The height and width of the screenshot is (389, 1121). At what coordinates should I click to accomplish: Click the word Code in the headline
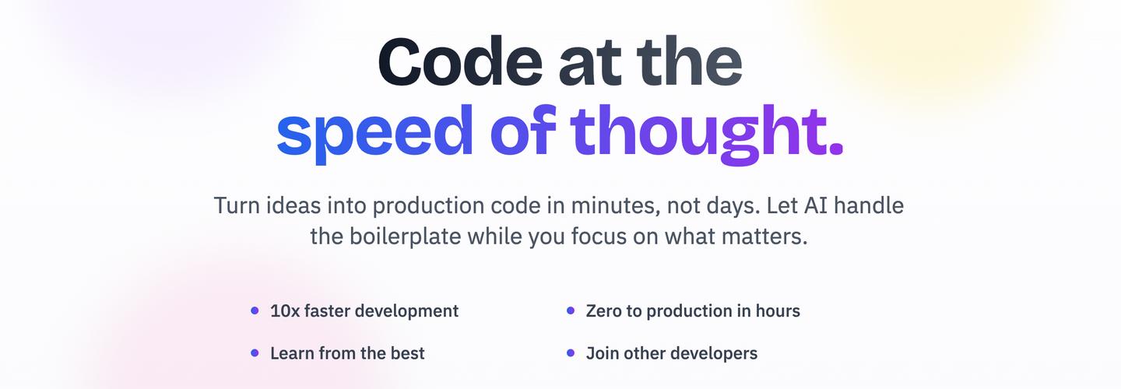point(460,61)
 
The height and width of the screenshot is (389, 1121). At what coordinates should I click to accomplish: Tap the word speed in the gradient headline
point(375,132)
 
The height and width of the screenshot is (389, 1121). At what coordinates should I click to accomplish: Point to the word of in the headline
point(523,129)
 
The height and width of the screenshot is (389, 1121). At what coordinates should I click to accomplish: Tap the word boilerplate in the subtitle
point(405,236)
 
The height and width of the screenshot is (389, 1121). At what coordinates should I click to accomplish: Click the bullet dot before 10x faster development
point(255,310)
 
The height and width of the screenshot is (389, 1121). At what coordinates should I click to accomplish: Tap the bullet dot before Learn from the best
point(255,353)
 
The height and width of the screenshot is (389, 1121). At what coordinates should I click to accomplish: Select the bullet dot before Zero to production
point(571,310)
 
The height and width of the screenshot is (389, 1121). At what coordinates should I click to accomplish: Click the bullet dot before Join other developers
point(571,353)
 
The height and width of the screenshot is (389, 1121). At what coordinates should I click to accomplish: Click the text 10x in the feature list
point(285,311)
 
